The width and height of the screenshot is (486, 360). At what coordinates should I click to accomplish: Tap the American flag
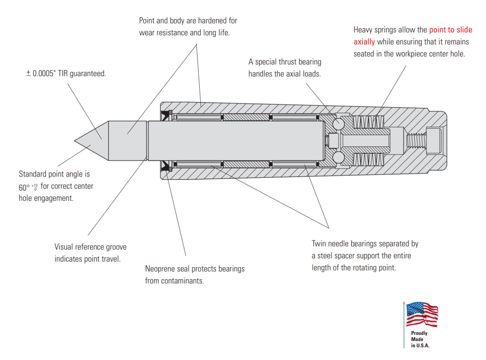pos(422,314)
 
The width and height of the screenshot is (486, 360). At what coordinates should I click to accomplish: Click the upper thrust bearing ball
pos(338,123)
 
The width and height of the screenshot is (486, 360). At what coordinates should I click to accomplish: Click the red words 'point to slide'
pos(451,30)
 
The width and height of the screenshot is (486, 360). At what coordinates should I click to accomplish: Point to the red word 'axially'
pos(364,42)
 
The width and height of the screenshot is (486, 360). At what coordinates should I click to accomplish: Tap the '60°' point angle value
pos(24,187)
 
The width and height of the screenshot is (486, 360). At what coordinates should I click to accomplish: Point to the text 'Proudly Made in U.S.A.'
pos(420,339)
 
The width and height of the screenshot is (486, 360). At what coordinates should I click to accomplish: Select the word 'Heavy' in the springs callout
pos(363,30)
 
